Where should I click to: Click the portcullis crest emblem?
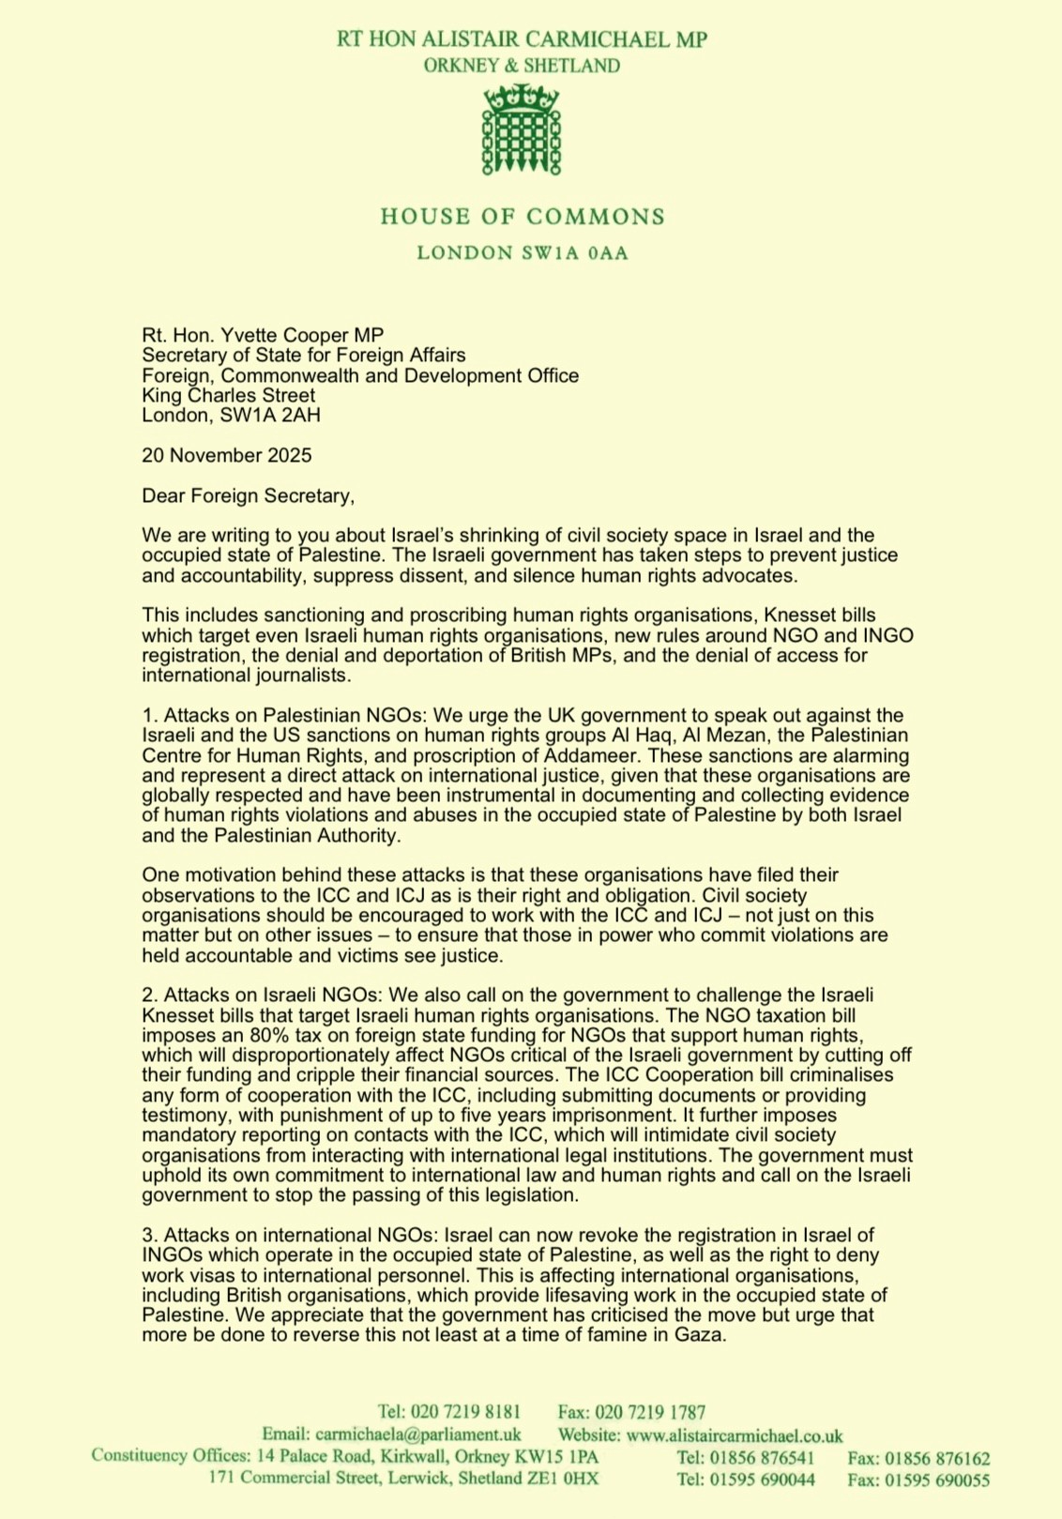(x=521, y=129)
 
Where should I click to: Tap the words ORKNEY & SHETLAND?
(x=522, y=66)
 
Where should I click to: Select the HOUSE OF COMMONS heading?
(x=523, y=217)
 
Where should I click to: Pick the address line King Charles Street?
(x=228, y=395)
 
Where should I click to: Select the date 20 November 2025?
(x=227, y=455)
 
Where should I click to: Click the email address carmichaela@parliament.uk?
(x=418, y=1435)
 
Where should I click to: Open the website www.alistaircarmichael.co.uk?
(x=735, y=1435)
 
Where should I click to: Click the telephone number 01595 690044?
(x=763, y=1480)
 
